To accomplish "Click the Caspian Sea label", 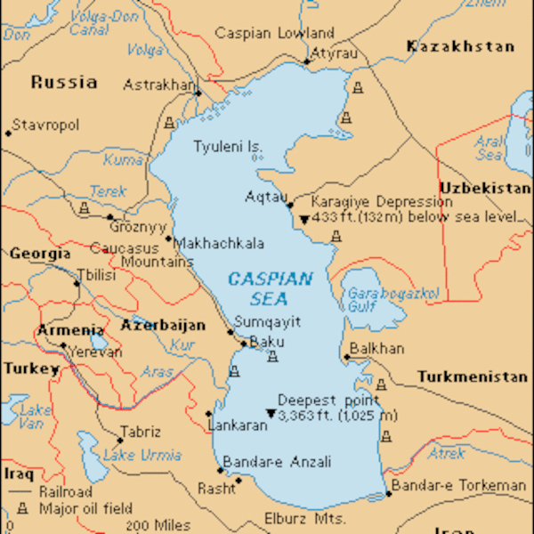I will [271, 288].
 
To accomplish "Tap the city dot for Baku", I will [244, 343].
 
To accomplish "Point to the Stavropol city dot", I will [8, 133].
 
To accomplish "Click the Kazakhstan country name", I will [460, 46].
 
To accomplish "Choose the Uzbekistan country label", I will [484, 188].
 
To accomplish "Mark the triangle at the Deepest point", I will [271, 414].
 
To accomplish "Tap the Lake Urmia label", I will [131, 456].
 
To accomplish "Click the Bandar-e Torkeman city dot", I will [388, 494].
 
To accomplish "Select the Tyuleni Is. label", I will [229, 146].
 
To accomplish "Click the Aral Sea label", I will [489, 147].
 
